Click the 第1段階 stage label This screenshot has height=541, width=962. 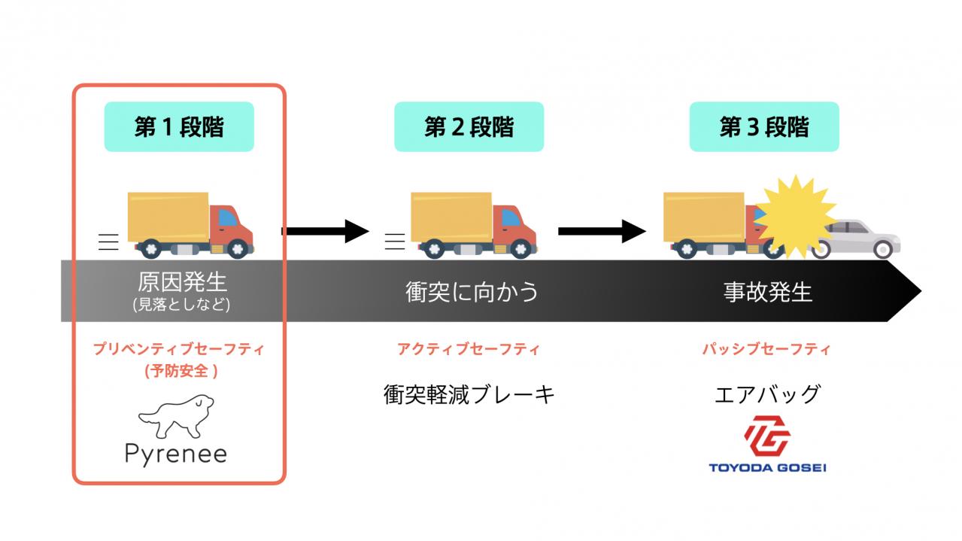[179, 126]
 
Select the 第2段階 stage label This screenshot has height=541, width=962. [469, 126]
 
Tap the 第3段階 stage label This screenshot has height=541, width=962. [764, 126]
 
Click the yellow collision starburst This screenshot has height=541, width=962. [796, 217]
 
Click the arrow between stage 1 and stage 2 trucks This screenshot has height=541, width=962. [325, 231]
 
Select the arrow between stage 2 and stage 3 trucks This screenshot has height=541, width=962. [602, 231]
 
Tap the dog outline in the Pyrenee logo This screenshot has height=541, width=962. [177, 416]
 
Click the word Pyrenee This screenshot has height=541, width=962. [176, 454]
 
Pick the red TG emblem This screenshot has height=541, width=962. [767, 436]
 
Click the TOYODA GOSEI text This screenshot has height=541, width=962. [767, 467]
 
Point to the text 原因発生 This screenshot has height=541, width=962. [182, 282]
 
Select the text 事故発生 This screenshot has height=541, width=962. [768, 292]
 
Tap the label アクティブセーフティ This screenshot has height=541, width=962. [469, 349]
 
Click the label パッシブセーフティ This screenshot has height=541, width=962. [766, 349]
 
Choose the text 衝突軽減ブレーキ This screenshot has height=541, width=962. [469, 394]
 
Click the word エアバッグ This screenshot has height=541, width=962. [768, 394]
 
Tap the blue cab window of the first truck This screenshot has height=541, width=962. [228, 217]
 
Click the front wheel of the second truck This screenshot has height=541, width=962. [521, 248]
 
